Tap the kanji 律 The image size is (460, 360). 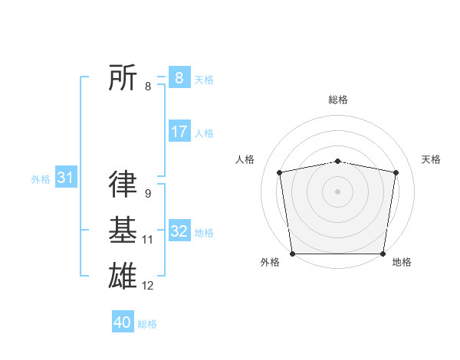123,184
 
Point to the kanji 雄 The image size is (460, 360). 123,275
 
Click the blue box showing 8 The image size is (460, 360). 179,78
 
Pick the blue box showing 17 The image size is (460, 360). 179,132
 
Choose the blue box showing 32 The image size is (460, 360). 179,231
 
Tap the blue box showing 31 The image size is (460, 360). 65,178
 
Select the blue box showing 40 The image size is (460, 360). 123,322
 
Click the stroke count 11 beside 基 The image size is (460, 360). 147,240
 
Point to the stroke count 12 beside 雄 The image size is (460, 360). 147,286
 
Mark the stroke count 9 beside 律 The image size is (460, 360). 147,194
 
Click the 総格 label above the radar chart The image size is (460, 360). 338,100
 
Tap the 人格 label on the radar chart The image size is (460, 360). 245,159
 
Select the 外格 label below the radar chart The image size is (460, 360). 270,262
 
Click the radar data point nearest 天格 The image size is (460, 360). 396,172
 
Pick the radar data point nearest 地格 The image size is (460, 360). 383,254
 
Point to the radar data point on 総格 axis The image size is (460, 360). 338,161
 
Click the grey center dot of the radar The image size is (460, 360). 338,191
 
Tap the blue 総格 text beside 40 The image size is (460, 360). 147,324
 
